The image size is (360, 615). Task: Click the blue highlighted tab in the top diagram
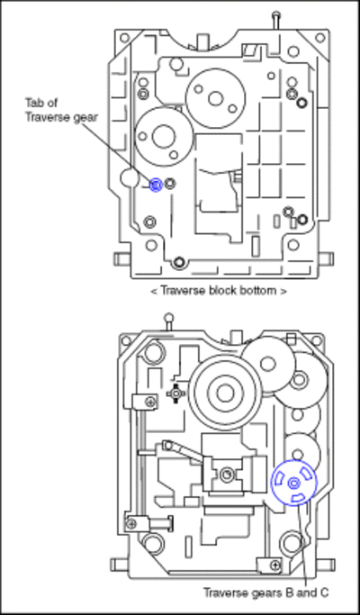point(156,185)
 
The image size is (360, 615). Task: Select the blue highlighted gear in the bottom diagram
point(293,483)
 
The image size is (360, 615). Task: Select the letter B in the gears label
point(291,592)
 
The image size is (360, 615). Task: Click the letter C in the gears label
point(324,592)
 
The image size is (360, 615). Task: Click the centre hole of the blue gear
point(293,484)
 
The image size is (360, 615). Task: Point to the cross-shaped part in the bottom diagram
point(175,393)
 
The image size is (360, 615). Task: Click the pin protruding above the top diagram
point(276,20)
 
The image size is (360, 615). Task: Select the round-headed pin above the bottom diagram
point(168,321)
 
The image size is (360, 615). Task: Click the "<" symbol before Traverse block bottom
point(153,292)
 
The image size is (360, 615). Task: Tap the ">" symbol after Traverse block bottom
point(283,292)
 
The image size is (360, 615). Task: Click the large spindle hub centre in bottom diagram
point(225,393)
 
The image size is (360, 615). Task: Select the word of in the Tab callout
point(52,103)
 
